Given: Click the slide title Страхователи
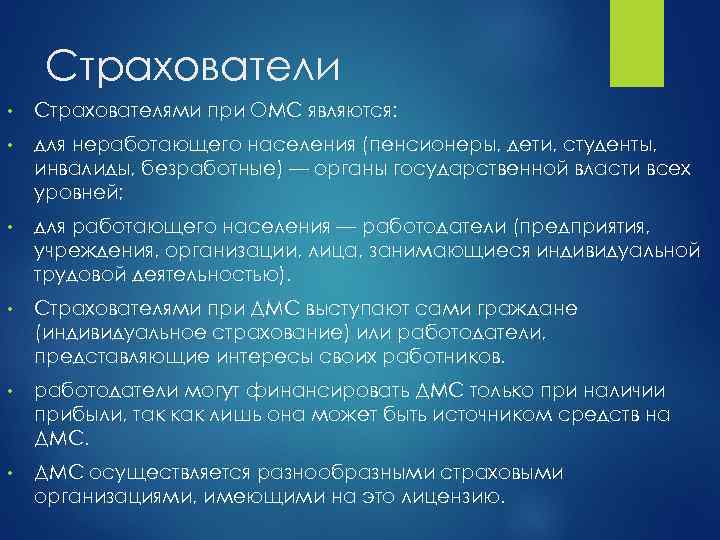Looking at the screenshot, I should (193, 67).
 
